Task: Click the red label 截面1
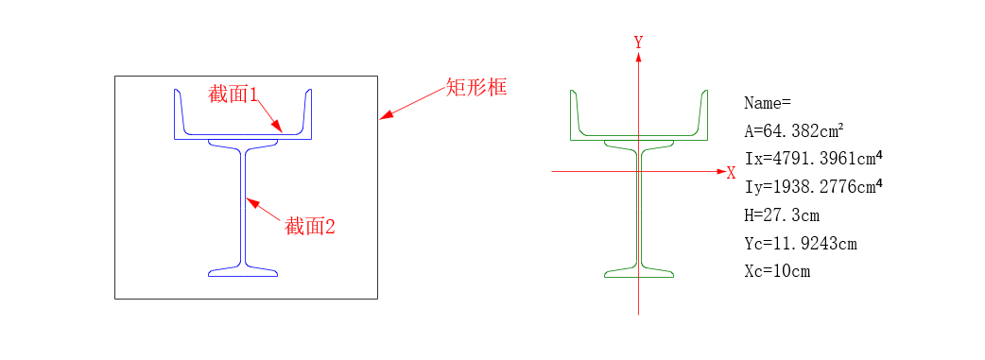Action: pyautogui.click(x=233, y=94)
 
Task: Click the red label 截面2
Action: pyautogui.click(x=311, y=227)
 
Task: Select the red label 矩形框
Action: pyautogui.click(x=477, y=89)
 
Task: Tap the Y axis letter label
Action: pyautogui.click(x=639, y=43)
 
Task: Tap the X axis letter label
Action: pyautogui.click(x=731, y=173)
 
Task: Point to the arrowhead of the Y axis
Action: pyautogui.click(x=639, y=57)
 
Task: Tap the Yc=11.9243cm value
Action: pyautogui.click(x=801, y=244)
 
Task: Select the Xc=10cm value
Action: pyautogui.click(x=778, y=272)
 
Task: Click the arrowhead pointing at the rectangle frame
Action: pyautogui.click(x=384, y=117)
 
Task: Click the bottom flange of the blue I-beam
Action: pyautogui.click(x=243, y=272)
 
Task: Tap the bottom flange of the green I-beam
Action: pyautogui.click(x=639, y=274)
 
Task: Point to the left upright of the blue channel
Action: pyautogui.click(x=178, y=113)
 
